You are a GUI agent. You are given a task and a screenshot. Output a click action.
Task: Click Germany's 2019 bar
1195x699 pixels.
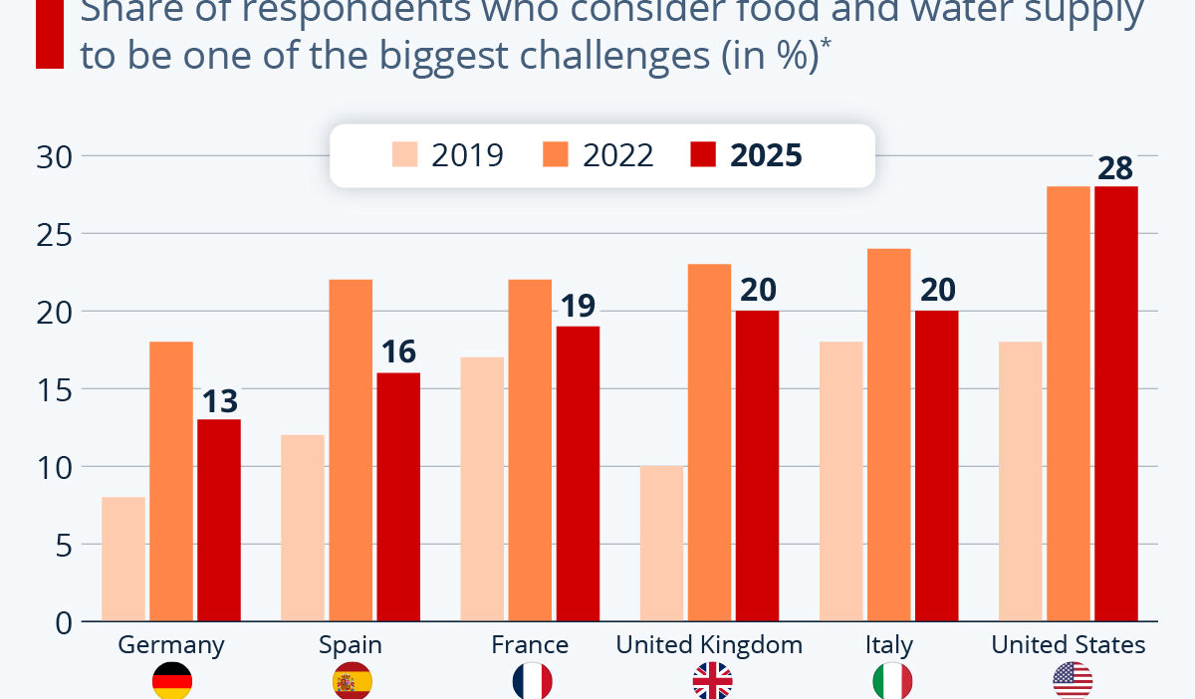click(123, 560)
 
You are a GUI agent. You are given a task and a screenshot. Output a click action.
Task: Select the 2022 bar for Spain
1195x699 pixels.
click(351, 450)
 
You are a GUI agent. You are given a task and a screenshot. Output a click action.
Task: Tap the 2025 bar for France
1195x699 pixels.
click(578, 474)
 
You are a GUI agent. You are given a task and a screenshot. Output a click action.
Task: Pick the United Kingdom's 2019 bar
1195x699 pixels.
click(661, 544)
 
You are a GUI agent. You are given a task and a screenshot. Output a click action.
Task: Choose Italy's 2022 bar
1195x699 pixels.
click(888, 435)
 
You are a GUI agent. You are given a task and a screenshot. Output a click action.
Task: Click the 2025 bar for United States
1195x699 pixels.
click(1115, 404)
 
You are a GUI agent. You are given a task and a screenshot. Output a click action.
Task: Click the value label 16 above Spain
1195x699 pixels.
click(398, 352)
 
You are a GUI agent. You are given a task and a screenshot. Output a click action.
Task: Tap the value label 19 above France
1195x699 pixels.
click(578, 306)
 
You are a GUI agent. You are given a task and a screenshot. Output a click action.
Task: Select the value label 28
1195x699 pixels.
click(1115, 166)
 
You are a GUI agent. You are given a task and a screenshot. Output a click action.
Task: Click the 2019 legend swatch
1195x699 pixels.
click(405, 155)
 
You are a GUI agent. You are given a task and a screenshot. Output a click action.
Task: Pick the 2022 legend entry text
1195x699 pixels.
click(617, 155)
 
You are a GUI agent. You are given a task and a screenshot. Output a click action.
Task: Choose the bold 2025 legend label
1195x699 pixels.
click(766, 155)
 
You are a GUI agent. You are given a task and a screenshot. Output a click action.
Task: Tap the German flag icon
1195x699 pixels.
click(171, 681)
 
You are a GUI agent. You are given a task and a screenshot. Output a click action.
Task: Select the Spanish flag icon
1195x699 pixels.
click(351, 681)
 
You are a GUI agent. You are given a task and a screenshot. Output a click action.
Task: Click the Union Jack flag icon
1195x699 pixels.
click(712, 681)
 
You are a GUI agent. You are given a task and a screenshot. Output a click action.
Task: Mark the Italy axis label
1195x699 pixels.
click(888, 644)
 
